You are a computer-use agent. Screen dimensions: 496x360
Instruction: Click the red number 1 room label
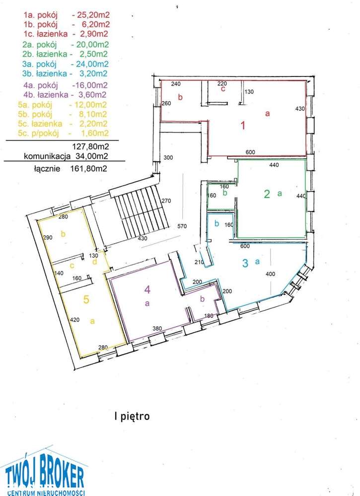point(243,126)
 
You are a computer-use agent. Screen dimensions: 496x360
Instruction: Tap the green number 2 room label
point(267,194)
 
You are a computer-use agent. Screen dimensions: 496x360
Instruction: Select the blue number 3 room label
point(245,263)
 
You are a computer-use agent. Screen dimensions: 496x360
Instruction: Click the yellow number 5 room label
point(86,299)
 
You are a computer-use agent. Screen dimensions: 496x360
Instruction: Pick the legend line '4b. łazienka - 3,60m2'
point(64,94)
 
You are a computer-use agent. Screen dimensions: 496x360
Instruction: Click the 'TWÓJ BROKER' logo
point(45,477)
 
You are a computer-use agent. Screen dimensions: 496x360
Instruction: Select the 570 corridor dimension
point(182,226)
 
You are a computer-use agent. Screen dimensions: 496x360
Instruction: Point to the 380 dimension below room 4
point(158,328)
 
